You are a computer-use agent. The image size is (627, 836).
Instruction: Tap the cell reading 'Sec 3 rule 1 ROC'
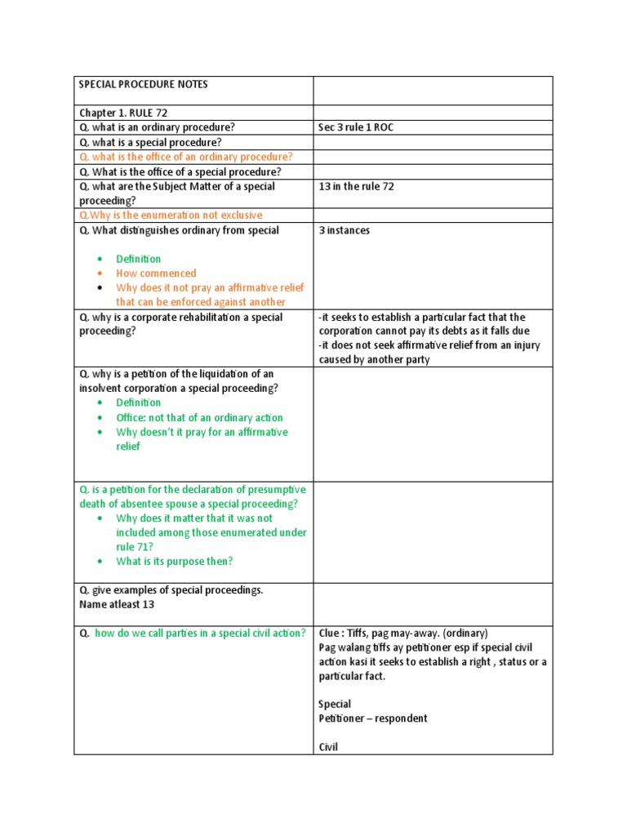pyautogui.click(x=355, y=127)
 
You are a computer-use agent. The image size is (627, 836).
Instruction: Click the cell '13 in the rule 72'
pyautogui.click(x=356, y=186)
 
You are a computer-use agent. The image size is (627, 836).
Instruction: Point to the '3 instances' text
pyautogui.click(x=344, y=230)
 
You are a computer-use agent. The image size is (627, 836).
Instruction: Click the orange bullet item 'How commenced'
pyautogui.click(x=156, y=273)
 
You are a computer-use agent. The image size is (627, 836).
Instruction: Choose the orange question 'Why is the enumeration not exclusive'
pyautogui.click(x=171, y=216)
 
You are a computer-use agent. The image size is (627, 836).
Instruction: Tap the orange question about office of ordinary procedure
pyautogui.click(x=185, y=157)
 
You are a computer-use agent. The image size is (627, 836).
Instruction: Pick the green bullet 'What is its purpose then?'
pyautogui.click(x=174, y=561)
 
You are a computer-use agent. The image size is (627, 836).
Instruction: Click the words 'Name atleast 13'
pyautogui.click(x=116, y=605)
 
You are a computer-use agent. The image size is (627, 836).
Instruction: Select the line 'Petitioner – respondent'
pyautogui.click(x=372, y=718)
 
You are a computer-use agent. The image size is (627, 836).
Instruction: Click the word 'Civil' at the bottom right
pyautogui.click(x=328, y=746)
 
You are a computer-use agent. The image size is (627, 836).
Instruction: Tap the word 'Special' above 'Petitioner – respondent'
pyautogui.click(x=335, y=704)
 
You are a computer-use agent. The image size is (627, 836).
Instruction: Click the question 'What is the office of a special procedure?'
pyautogui.click(x=180, y=171)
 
